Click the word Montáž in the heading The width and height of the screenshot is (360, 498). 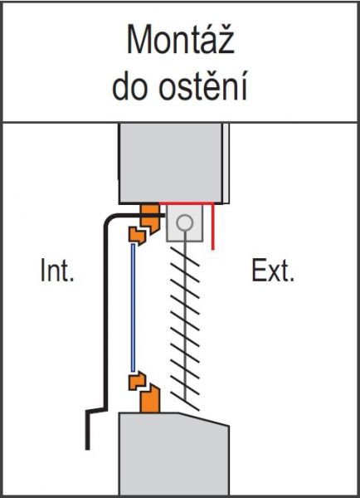click(x=180, y=41)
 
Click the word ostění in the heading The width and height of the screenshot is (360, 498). click(x=202, y=85)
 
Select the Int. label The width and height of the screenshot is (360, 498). click(x=57, y=271)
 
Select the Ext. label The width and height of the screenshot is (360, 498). click(x=273, y=271)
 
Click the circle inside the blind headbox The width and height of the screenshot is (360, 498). click(x=184, y=222)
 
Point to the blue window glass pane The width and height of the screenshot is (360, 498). click(x=133, y=307)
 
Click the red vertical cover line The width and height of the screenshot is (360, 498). click(x=213, y=227)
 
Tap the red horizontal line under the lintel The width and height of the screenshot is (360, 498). click(x=187, y=203)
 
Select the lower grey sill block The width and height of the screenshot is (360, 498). click(x=173, y=454)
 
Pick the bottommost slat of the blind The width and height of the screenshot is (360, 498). click(x=185, y=401)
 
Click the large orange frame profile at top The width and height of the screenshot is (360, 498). click(x=149, y=217)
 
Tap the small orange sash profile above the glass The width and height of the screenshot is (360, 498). click(x=137, y=236)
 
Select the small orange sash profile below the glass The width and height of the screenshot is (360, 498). click(x=137, y=381)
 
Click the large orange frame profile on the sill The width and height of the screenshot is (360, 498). click(x=150, y=399)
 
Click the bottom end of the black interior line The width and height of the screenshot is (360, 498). click(x=88, y=449)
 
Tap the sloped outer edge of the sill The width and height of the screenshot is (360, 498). click(x=204, y=419)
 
